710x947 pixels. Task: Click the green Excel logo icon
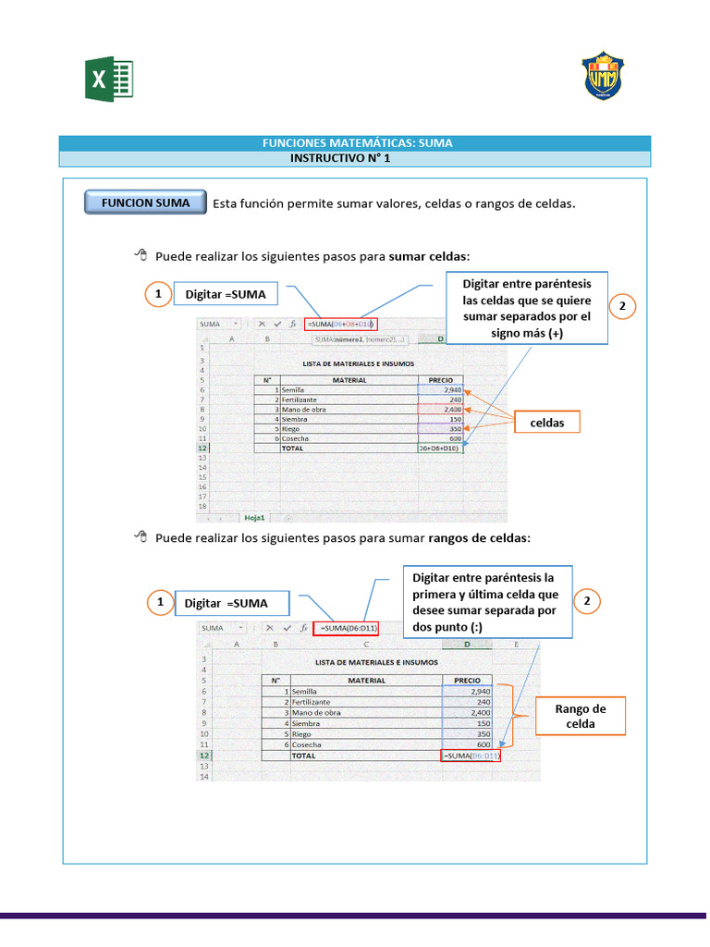110,80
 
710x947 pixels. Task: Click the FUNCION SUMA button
145,203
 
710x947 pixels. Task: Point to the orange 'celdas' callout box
547,423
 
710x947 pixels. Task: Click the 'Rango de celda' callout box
580,716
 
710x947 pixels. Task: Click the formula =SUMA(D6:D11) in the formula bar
349,628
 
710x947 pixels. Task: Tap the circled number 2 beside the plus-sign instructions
622,307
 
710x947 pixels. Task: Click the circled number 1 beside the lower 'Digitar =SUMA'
159,603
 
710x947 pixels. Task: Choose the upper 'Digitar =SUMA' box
225,294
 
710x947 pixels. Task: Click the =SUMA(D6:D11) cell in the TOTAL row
471,756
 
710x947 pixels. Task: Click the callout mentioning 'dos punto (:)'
485,602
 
